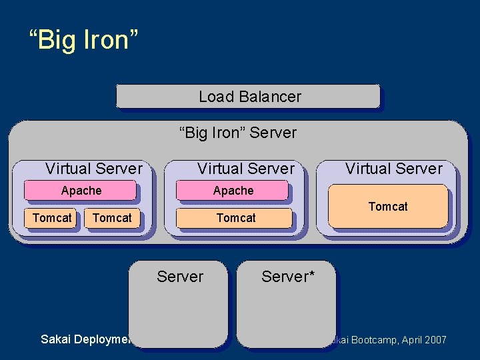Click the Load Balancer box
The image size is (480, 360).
pos(248,97)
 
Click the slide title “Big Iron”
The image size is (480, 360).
pos(83,40)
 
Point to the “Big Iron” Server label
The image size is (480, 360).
pos(238,133)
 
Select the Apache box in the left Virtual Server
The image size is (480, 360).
pos(81,191)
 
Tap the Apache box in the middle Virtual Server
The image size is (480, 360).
pos(232,191)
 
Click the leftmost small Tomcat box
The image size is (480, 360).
pos(52,218)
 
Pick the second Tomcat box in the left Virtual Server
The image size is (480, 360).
pos(112,218)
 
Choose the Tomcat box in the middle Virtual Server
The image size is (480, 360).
pos(235,218)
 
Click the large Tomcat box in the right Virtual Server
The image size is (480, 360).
pos(389,207)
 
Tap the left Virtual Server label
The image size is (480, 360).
pos(93,169)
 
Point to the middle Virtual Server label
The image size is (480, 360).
pos(245,169)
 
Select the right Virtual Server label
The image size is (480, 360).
pos(393,169)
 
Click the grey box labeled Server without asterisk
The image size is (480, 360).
pos(178,307)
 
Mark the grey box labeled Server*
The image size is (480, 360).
pos(285,307)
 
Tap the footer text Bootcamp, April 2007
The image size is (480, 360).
pos(393,340)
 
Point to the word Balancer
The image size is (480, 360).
pos(269,97)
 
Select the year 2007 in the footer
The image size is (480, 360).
pos(434,340)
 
